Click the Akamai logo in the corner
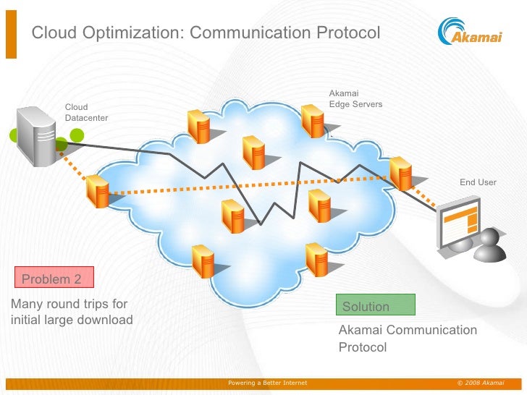(470, 33)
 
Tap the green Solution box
(376, 306)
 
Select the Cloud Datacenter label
(86, 112)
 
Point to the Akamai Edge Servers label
(355, 98)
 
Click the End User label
(478, 182)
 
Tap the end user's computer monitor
(459, 221)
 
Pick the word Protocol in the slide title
(347, 33)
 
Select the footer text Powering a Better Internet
(267, 383)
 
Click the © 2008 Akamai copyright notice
(481, 383)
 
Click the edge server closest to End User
(400, 172)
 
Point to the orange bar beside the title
(10, 33)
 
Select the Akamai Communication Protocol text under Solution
(408, 339)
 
